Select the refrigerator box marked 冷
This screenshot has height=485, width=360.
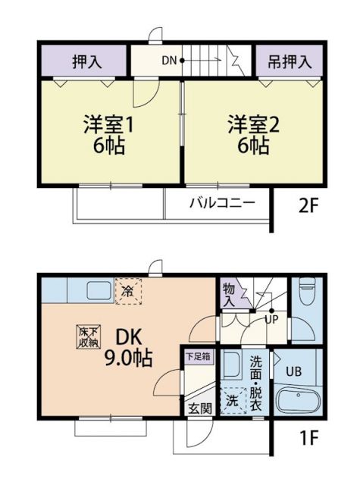128,290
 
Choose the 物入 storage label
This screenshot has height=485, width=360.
229,293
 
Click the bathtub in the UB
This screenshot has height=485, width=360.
299,399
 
